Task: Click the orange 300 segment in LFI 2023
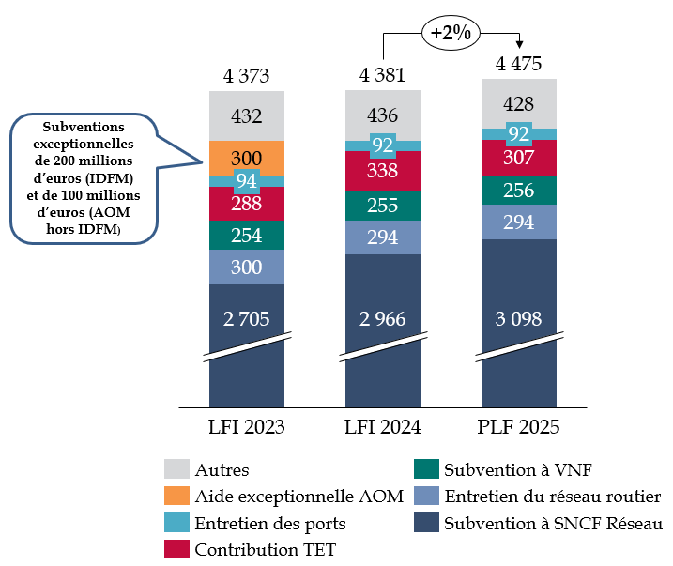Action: [246, 158]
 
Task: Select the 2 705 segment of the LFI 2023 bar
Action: [246, 319]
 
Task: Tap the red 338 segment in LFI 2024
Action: [383, 171]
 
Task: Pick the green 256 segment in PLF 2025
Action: [518, 190]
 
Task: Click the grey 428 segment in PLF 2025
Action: [518, 103]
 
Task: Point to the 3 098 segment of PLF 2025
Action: [518, 319]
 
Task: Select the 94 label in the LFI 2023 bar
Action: [246, 181]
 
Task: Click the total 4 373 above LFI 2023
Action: [246, 75]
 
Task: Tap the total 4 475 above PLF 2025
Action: [518, 65]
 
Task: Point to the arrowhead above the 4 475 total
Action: [519, 47]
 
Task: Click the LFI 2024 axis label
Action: [383, 428]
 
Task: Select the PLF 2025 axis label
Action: [518, 428]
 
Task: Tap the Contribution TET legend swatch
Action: [177, 548]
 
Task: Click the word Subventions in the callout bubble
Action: [83, 127]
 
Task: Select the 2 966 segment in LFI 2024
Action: [383, 319]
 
